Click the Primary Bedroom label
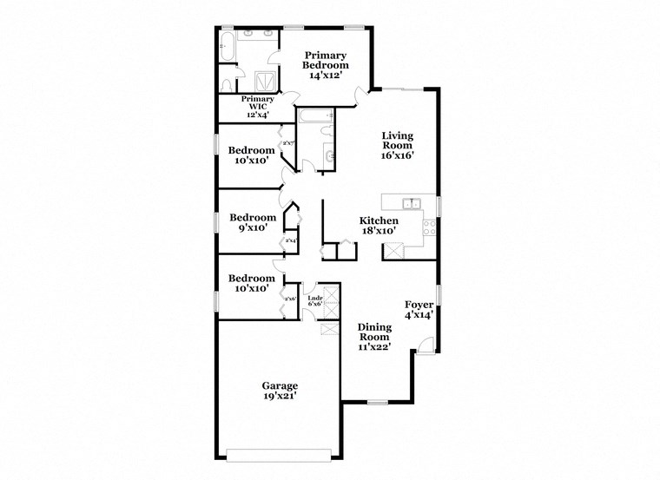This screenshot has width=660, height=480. pyautogui.click(x=326, y=65)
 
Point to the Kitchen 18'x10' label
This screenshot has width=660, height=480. pyautogui.click(x=379, y=226)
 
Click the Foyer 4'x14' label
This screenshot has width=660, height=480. pyautogui.click(x=419, y=310)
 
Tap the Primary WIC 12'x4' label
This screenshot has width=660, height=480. pyautogui.click(x=257, y=106)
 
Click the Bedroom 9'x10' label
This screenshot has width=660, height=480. pyautogui.click(x=253, y=223)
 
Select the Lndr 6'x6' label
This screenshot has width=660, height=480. pyautogui.click(x=315, y=300)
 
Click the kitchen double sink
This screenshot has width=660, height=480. pyautogui.click(x=411, y=204)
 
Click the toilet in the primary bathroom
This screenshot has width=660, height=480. pyautogui.click(x=227, y=84)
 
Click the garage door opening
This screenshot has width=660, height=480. pyautogui.click(x=278, y=452)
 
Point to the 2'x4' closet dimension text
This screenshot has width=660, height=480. pyautogui.click(x=291, y=240)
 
